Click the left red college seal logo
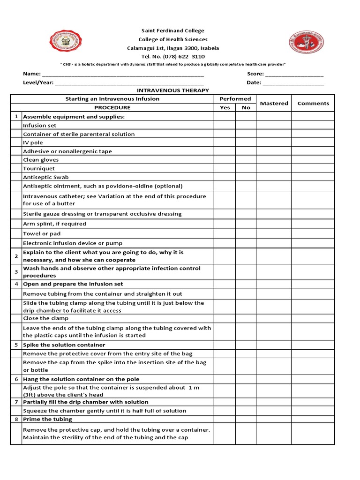[x=65, y=42]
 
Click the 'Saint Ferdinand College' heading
[x=173, y=31]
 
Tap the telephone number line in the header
[x=173, y=57]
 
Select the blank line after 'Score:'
[x=294, y=74]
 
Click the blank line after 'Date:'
[x=293, y=83]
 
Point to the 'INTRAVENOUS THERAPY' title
[x=173, y=90]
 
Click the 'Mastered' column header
[x=274, y=103]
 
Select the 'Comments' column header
[x=313, y=103]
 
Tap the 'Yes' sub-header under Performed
[x=225, y=108]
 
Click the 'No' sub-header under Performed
[x=246, y=108]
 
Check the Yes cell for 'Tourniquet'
[x=225, y=169]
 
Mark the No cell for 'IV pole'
[x=246, y=142]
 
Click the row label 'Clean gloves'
[x=41, y=160]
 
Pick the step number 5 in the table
[x=16, y=345]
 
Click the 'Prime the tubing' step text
[x=47, y=419]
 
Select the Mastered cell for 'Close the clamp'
[x=274, y=318]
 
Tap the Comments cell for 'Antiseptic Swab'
[x=313, y=177]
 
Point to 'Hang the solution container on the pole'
[x=81, y=379]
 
